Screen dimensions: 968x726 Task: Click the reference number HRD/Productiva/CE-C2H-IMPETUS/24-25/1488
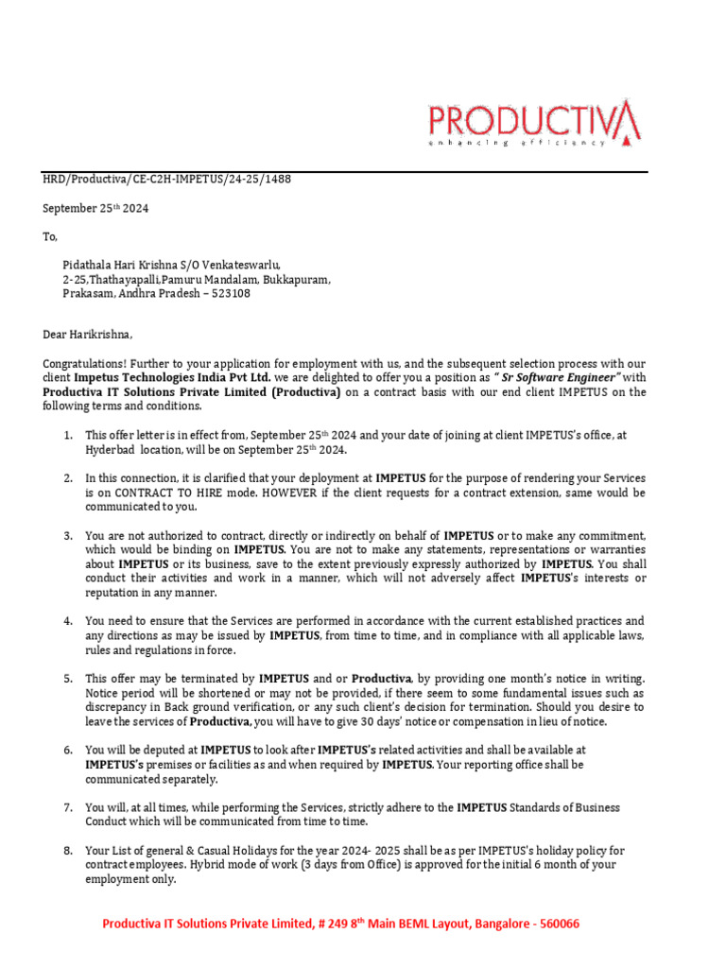tap(167, 180)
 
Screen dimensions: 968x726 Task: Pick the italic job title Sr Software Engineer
tap(583, 378)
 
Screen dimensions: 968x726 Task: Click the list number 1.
tap(68, 435)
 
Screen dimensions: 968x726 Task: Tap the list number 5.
tap(68, 679)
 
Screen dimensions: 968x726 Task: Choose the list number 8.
tap(68, 851)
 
